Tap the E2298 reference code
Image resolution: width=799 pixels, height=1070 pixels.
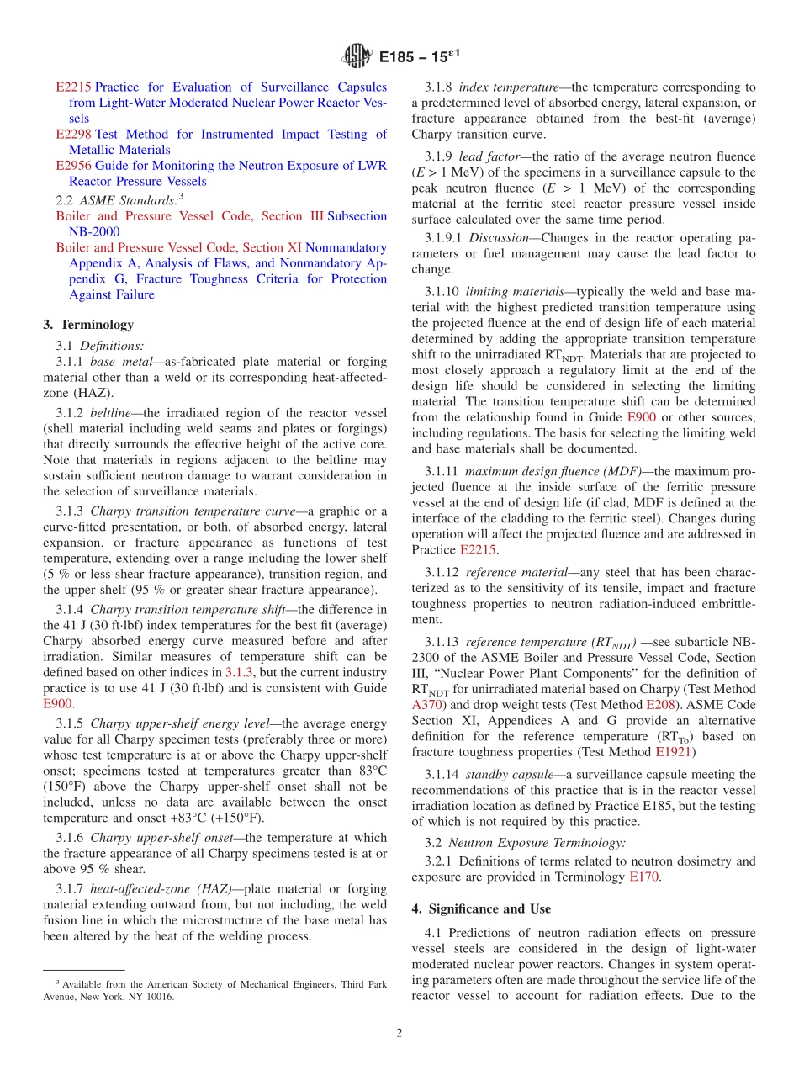[x=73, y=135]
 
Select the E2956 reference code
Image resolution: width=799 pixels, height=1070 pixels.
[x=73, y=166]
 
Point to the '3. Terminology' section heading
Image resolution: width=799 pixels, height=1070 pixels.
[x=88, y=325]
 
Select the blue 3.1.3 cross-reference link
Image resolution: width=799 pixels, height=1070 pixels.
[x=237, y=673]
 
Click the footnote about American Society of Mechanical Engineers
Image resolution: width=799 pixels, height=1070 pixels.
[x=214, y=990]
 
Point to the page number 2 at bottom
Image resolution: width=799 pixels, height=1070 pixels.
[x=399, y=1033]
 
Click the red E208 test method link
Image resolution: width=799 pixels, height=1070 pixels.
[x=659, y=705]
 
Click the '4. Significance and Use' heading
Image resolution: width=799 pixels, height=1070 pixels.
[x=481, y=908]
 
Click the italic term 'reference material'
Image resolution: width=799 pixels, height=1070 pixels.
[x=516, y=572]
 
